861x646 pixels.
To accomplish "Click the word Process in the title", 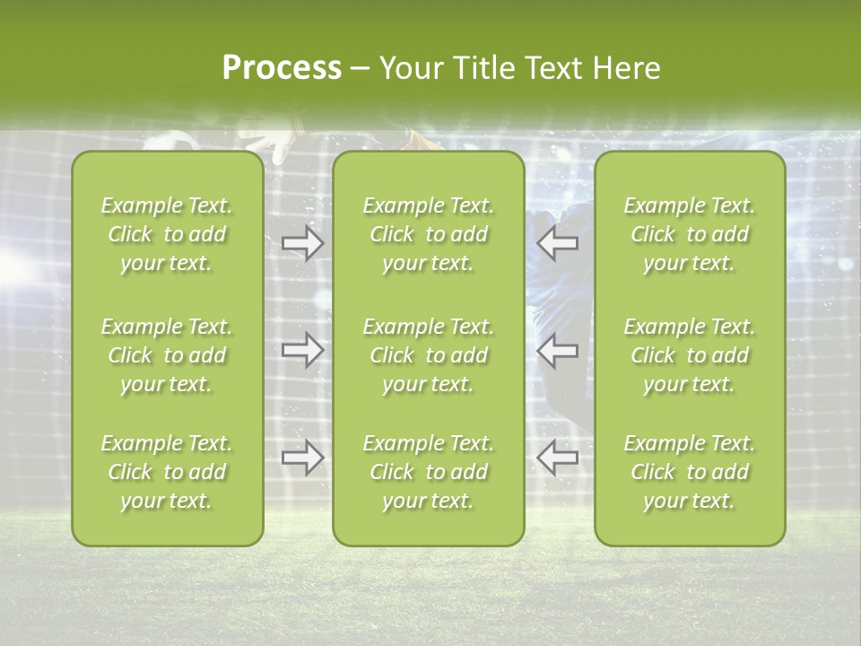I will point(282,67).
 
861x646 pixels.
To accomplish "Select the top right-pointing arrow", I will point(302,242).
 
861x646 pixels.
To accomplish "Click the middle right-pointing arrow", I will point(302,350).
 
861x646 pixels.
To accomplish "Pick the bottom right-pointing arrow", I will point(302,458).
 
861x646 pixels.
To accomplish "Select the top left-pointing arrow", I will point(557,242).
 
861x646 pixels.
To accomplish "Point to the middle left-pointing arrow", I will point(557,350).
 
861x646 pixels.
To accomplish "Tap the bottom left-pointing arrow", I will point(557,458).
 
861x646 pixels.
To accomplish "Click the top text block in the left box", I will point(167,234).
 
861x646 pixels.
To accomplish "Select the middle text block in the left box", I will point(167,355).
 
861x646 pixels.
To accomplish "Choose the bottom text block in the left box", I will point(167,472).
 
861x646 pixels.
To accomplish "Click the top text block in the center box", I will point(429,234).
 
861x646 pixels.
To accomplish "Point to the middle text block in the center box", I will point(429,355).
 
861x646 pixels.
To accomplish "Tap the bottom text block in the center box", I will point(429,472).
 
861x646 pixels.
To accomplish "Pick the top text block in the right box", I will point(690,234).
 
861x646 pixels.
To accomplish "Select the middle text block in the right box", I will point(690,355).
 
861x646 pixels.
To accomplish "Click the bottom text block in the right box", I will point(690,472).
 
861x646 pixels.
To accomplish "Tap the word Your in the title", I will point(408,67).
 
